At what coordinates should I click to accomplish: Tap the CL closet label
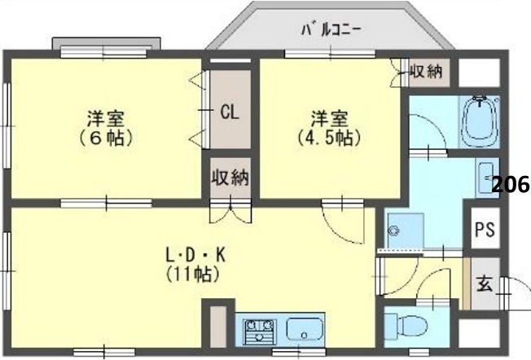click(x=229, y=112)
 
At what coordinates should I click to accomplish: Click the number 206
click(x=511, y=185)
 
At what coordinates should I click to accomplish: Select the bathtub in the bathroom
click(x=480, y=122)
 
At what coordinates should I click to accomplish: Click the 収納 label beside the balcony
click(x=424, y=71)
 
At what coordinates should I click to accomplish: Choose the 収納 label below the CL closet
click(x=229, y=177)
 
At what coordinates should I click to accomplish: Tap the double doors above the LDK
click(x=229, y=213)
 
